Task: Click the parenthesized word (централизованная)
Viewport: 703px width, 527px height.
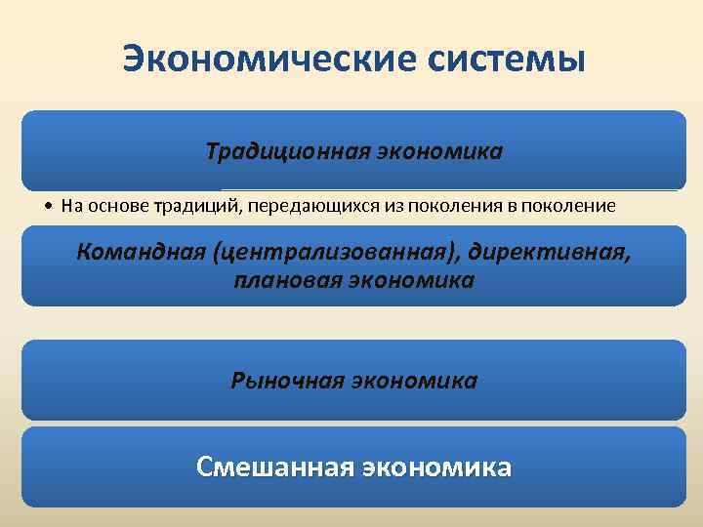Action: [328, 253]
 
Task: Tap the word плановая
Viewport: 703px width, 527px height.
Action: [282, 280]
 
